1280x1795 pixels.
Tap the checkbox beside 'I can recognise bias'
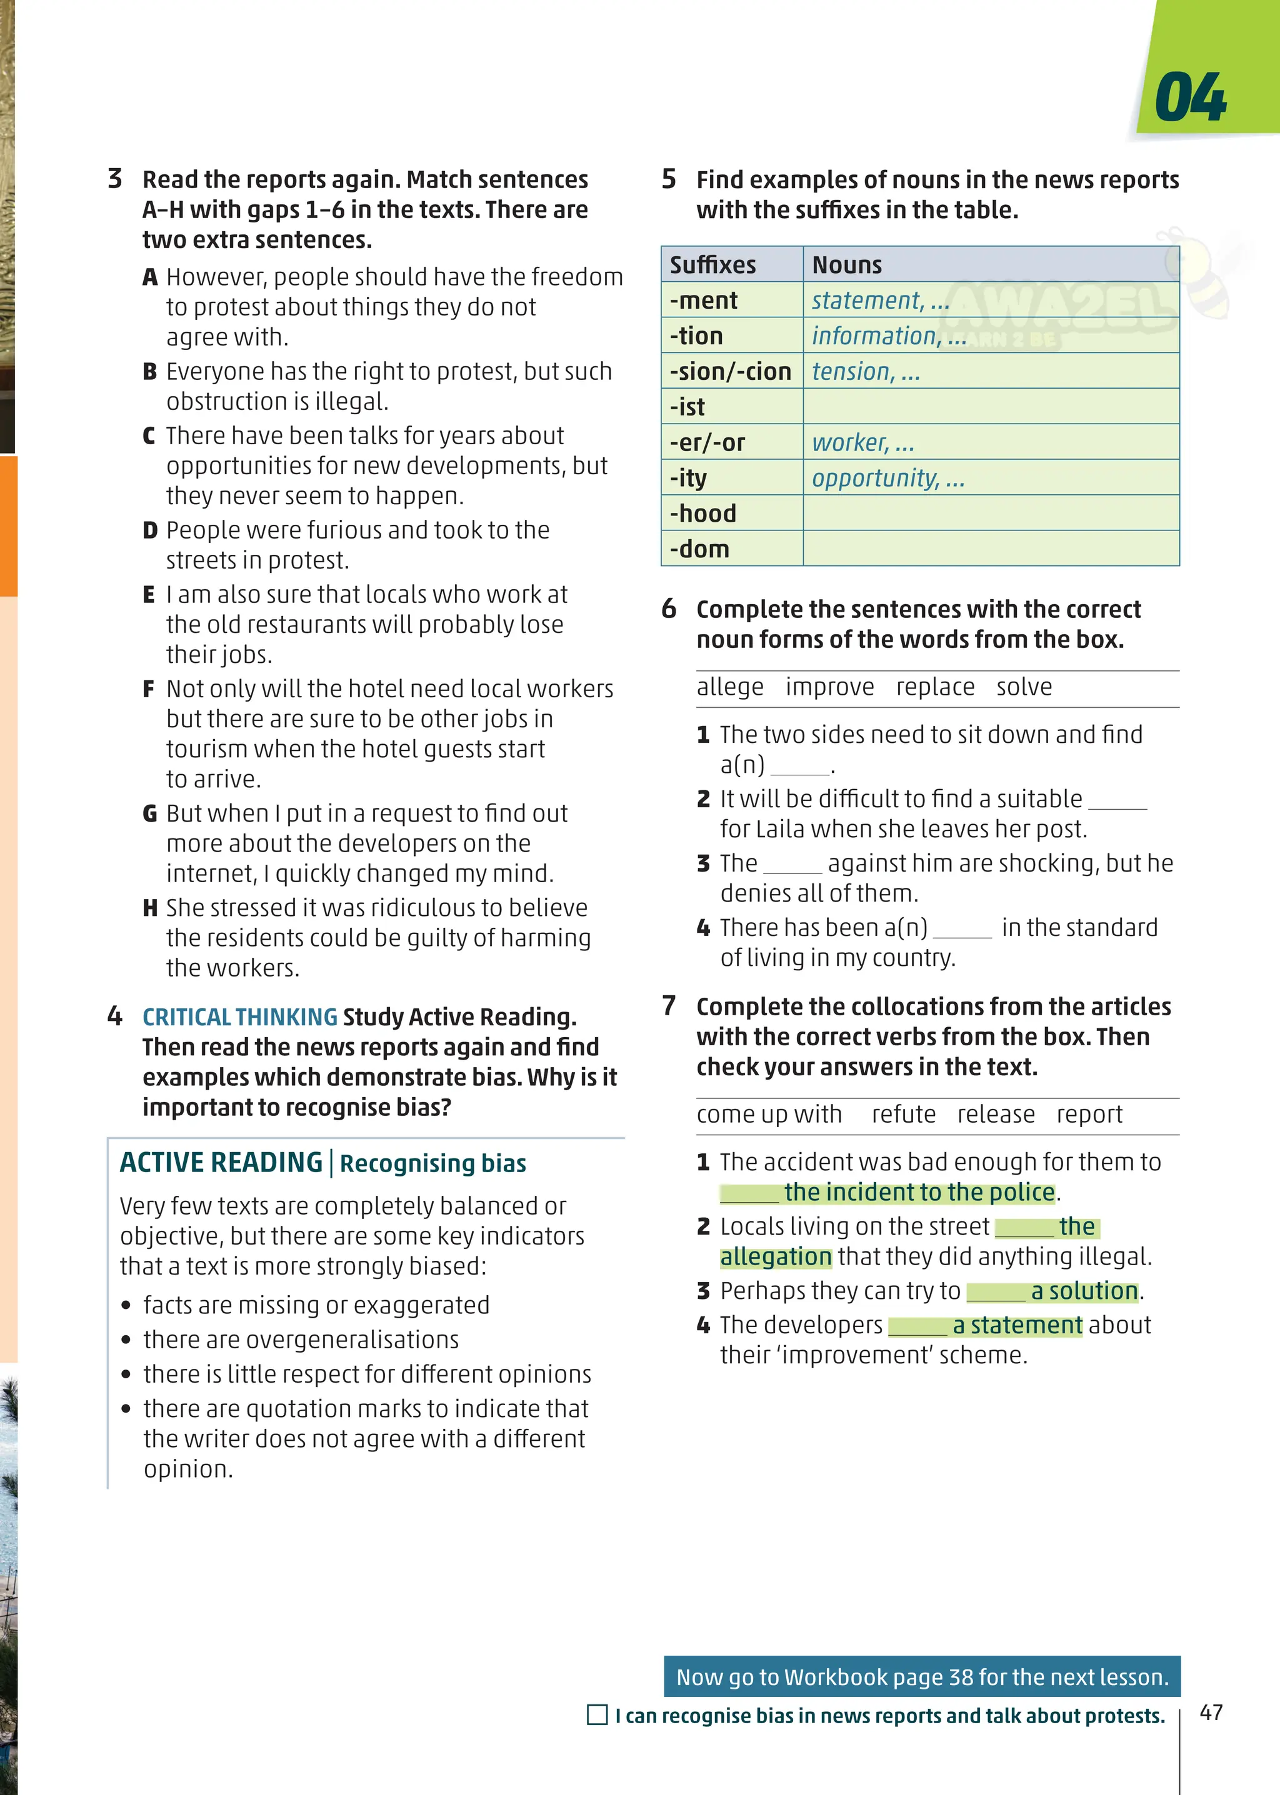click(597, 1714)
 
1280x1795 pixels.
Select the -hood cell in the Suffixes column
click(703, 514)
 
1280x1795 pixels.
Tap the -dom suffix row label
click(699, 549)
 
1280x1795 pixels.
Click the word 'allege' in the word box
click(729, 687)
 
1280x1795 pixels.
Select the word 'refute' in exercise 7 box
click(903, 1114)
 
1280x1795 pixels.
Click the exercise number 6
click(668, 609)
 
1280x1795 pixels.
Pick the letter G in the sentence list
click(150, 813)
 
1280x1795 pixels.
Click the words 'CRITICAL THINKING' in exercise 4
click(239, 1017)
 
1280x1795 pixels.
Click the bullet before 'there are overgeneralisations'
click(126, 1340)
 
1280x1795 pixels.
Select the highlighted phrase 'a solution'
click(1084, 1291)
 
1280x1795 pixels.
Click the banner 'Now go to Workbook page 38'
click(921, 1677)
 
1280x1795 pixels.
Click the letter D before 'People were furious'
click(150, 530)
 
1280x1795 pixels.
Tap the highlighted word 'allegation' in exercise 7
click(776, 1257)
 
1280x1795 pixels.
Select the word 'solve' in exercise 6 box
click(1024, 687)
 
